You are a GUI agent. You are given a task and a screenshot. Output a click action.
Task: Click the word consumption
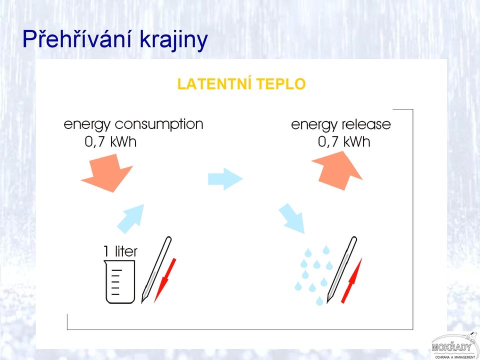click(159, 125)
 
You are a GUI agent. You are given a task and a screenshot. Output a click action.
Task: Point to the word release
click(366, 124)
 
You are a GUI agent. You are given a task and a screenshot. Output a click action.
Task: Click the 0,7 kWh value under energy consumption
click(110, 141)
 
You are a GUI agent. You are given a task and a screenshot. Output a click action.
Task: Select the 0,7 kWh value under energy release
click(344, 141)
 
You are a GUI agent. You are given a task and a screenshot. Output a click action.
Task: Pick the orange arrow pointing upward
click(337, 170)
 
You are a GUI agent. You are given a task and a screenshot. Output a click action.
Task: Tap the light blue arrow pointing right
click(225, 179)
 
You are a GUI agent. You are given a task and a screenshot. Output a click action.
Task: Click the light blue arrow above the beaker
click(131, 218)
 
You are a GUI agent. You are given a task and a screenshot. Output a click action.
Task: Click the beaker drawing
click(120, 281)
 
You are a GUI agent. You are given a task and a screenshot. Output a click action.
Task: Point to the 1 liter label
click(120, 251)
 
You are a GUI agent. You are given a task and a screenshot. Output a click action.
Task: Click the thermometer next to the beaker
click(156, 269)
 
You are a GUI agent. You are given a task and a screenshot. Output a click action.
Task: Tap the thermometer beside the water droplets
click(342, 269)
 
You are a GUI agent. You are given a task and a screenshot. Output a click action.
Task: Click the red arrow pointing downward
click(165, 280)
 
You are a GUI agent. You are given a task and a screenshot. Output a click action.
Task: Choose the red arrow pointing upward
click(351, 280)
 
